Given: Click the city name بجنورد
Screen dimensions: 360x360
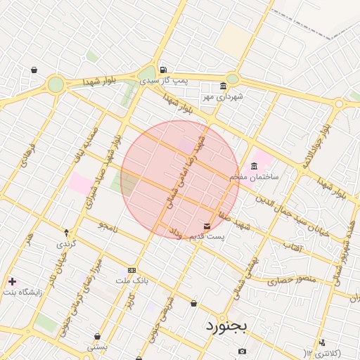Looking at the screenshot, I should coord(229,327).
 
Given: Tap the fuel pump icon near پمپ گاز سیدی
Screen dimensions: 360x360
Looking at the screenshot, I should coord(163,70).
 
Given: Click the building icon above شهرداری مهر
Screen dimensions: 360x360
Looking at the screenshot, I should coord(223,86).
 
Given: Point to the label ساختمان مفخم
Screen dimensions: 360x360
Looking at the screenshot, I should coord(254,176).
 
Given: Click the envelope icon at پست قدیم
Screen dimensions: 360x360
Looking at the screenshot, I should coord(207,226).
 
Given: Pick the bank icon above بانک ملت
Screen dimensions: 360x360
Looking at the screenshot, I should coord(131,270).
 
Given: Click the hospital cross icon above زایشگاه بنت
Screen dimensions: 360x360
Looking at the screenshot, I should coord(12,281).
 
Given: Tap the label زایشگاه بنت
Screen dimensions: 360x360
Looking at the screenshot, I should coord(24,291).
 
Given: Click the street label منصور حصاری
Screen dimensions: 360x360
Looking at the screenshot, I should coord(291,280).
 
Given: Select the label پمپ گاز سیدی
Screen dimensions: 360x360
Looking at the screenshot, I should coord(172,80).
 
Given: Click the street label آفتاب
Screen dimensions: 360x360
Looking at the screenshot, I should coord(292,247).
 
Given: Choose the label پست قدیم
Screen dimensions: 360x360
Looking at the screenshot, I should coord(207,236).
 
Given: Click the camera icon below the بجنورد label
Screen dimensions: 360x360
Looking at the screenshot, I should coord(242,351).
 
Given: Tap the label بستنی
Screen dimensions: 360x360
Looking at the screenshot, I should coord(97,347).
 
